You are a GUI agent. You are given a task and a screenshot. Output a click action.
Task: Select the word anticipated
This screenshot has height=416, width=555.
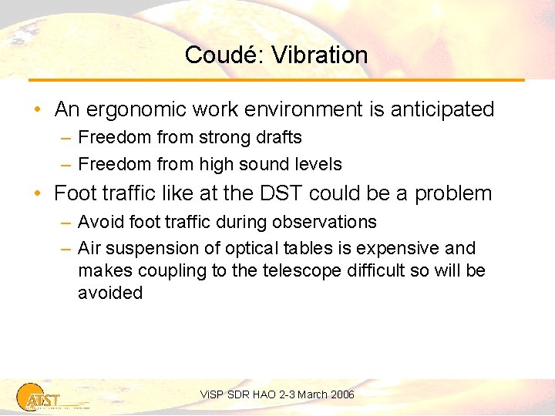(442, 109)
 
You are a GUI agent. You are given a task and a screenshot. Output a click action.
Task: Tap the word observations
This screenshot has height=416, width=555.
(323, 222)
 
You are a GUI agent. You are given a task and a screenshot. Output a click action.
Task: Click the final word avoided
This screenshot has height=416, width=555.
(110, 293)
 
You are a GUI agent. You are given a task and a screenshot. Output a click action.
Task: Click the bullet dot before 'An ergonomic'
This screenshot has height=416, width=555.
(38, 110)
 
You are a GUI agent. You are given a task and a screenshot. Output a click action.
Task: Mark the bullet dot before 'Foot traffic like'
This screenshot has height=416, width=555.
(38, 193)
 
